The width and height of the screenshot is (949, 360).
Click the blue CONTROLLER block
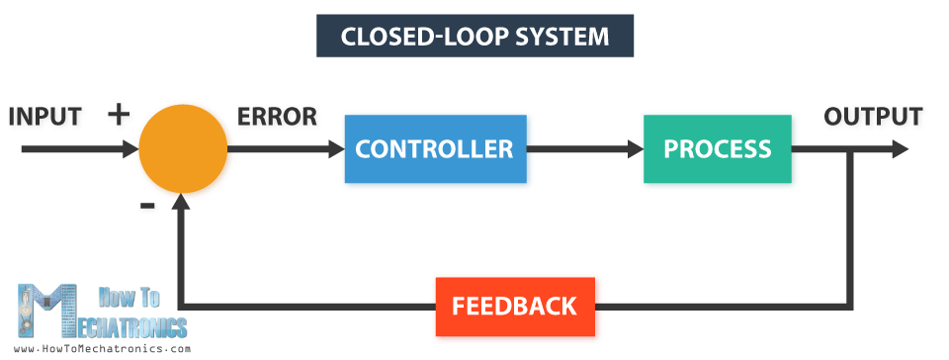tap(435, 149)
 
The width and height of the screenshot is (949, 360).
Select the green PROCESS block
tap(717, 149)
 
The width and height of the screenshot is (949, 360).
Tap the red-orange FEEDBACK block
tap(514, 307)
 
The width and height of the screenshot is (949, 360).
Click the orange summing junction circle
tap(183, 148)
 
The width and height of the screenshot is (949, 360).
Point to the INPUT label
tap(44, 116)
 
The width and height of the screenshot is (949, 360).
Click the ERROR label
tap(277, 116)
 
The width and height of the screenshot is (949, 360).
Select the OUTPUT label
tap(873, 116)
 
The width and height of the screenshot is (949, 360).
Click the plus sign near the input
tap(119, 114)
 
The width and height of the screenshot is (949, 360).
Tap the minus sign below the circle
tap(147, 205)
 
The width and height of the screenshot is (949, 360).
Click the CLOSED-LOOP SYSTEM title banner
tap(474, 37)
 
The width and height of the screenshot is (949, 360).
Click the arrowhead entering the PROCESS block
tap(634, 149)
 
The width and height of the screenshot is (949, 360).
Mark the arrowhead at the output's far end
tap(899, 149)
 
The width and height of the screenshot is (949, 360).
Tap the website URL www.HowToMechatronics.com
tap(103, 349)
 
